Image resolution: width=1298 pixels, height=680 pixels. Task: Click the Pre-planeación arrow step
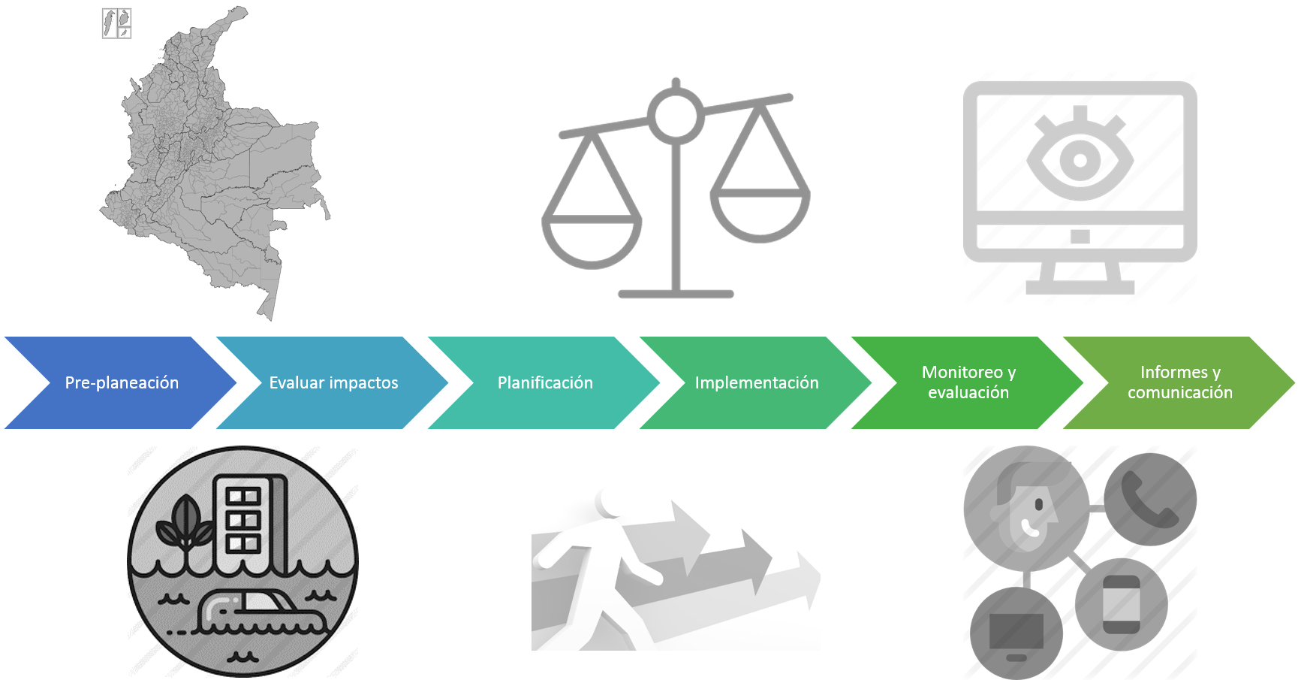[x=122, y=382]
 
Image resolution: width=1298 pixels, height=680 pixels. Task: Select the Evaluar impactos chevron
[x=333, y=382]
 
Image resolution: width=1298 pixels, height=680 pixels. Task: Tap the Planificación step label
[x=545, y=382]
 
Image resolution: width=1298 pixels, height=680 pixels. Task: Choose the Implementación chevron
[x=757, y=382]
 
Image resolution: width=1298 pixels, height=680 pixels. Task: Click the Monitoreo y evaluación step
[x=968, y=382]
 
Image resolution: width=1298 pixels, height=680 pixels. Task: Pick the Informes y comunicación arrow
[x=1179, y=382]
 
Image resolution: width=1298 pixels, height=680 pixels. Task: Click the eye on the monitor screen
[x=1080, y=159]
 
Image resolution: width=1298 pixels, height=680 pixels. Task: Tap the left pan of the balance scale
[x=592, y=239]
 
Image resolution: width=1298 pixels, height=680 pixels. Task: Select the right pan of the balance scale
[x=760, y=214]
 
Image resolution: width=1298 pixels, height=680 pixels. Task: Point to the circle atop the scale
[x=676, y=115]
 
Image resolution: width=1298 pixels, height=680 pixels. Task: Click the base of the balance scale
[x=676, y=293]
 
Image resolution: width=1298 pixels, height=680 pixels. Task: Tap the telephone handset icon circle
[x=1150, y=499]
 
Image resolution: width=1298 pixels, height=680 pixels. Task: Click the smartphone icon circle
[x=1122, y=603]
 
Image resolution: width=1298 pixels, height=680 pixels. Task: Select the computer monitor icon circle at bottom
[x=1016, y=633]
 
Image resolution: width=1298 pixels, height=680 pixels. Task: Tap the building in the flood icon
[x=248, y=518]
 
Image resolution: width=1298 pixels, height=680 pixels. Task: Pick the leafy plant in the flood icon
[x=183, y=526]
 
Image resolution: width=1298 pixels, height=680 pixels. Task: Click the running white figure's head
[x=610, y=503]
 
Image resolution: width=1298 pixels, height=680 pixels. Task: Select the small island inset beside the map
[x=116, y=23]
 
